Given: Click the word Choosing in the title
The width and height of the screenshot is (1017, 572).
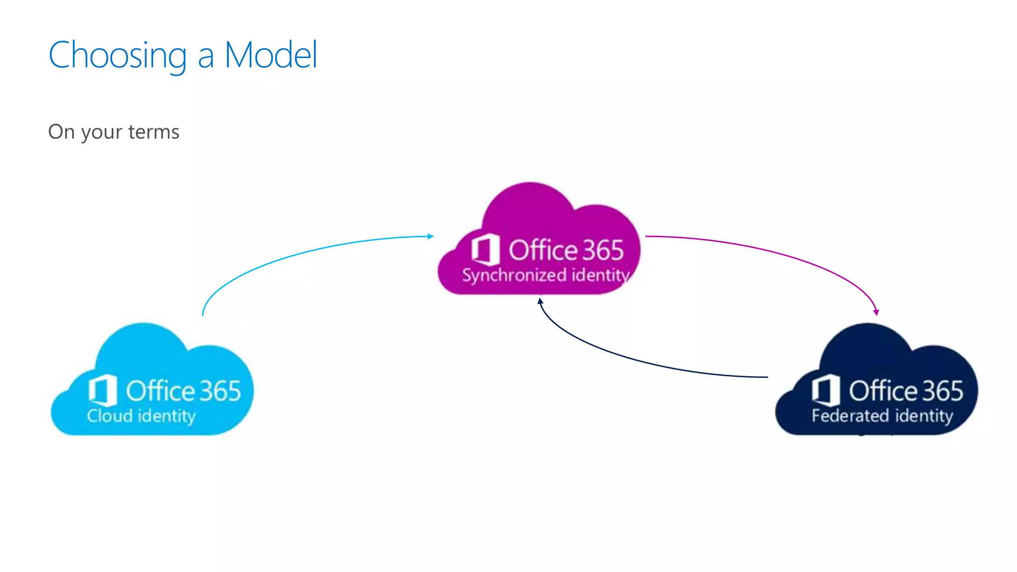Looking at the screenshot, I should point(118,56).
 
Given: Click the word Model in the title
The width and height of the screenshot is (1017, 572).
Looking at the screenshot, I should point(271,55).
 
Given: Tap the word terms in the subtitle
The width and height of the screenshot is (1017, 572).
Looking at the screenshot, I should point(153,132).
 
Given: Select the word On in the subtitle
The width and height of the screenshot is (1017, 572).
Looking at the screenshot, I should point(61,132).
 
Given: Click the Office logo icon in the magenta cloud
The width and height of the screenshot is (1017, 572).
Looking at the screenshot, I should point(485,249).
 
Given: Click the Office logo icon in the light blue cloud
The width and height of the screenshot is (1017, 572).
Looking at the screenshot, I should point(103,390).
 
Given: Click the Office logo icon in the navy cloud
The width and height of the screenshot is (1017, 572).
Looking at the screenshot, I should point(826,390).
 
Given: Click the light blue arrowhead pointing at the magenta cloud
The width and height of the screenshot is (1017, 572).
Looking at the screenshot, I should point(431,236).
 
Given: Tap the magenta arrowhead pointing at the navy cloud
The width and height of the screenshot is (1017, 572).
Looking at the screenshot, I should point(876,312).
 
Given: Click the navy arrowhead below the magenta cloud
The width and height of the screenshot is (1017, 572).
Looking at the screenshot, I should point(540,301).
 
